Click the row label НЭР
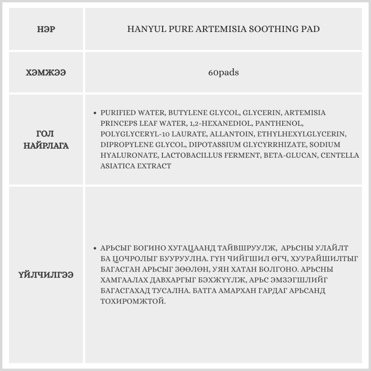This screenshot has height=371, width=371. tap(46, 29)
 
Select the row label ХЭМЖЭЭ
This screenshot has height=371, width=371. tap(46, 73)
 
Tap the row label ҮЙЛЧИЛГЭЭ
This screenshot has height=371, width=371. tap(46, 275)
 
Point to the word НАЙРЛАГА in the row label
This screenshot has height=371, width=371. tap(46, 145)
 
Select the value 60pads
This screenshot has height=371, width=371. tap(223, 73)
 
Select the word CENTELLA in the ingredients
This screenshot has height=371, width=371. tap(340, 155)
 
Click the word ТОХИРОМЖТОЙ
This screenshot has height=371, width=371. tap(133, 301)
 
